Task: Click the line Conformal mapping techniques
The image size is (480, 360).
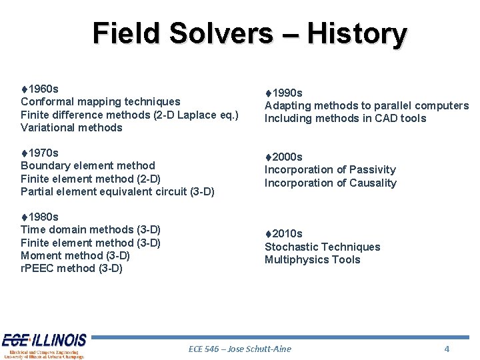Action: click(x=101, y=101)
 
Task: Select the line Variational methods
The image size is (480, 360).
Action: click(x=72, y=127)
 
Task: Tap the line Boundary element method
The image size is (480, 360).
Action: click(x=88, y=165)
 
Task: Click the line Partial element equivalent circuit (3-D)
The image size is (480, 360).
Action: click(x=117, y=191)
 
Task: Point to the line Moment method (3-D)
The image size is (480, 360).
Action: click(x=75, y=255)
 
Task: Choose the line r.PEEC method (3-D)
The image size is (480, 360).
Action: click(x=72, y=269)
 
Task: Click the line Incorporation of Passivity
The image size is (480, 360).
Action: click(x=330, y=169)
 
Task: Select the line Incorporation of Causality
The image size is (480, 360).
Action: click(x=330, y=183)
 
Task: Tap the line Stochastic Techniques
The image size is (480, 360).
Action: click(x=323, y=247)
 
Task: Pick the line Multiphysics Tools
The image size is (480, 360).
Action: click(x=312, y=259)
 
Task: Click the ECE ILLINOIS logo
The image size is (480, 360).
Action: click(x=44, y=345)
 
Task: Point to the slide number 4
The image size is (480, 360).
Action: click(x=447, y=349)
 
